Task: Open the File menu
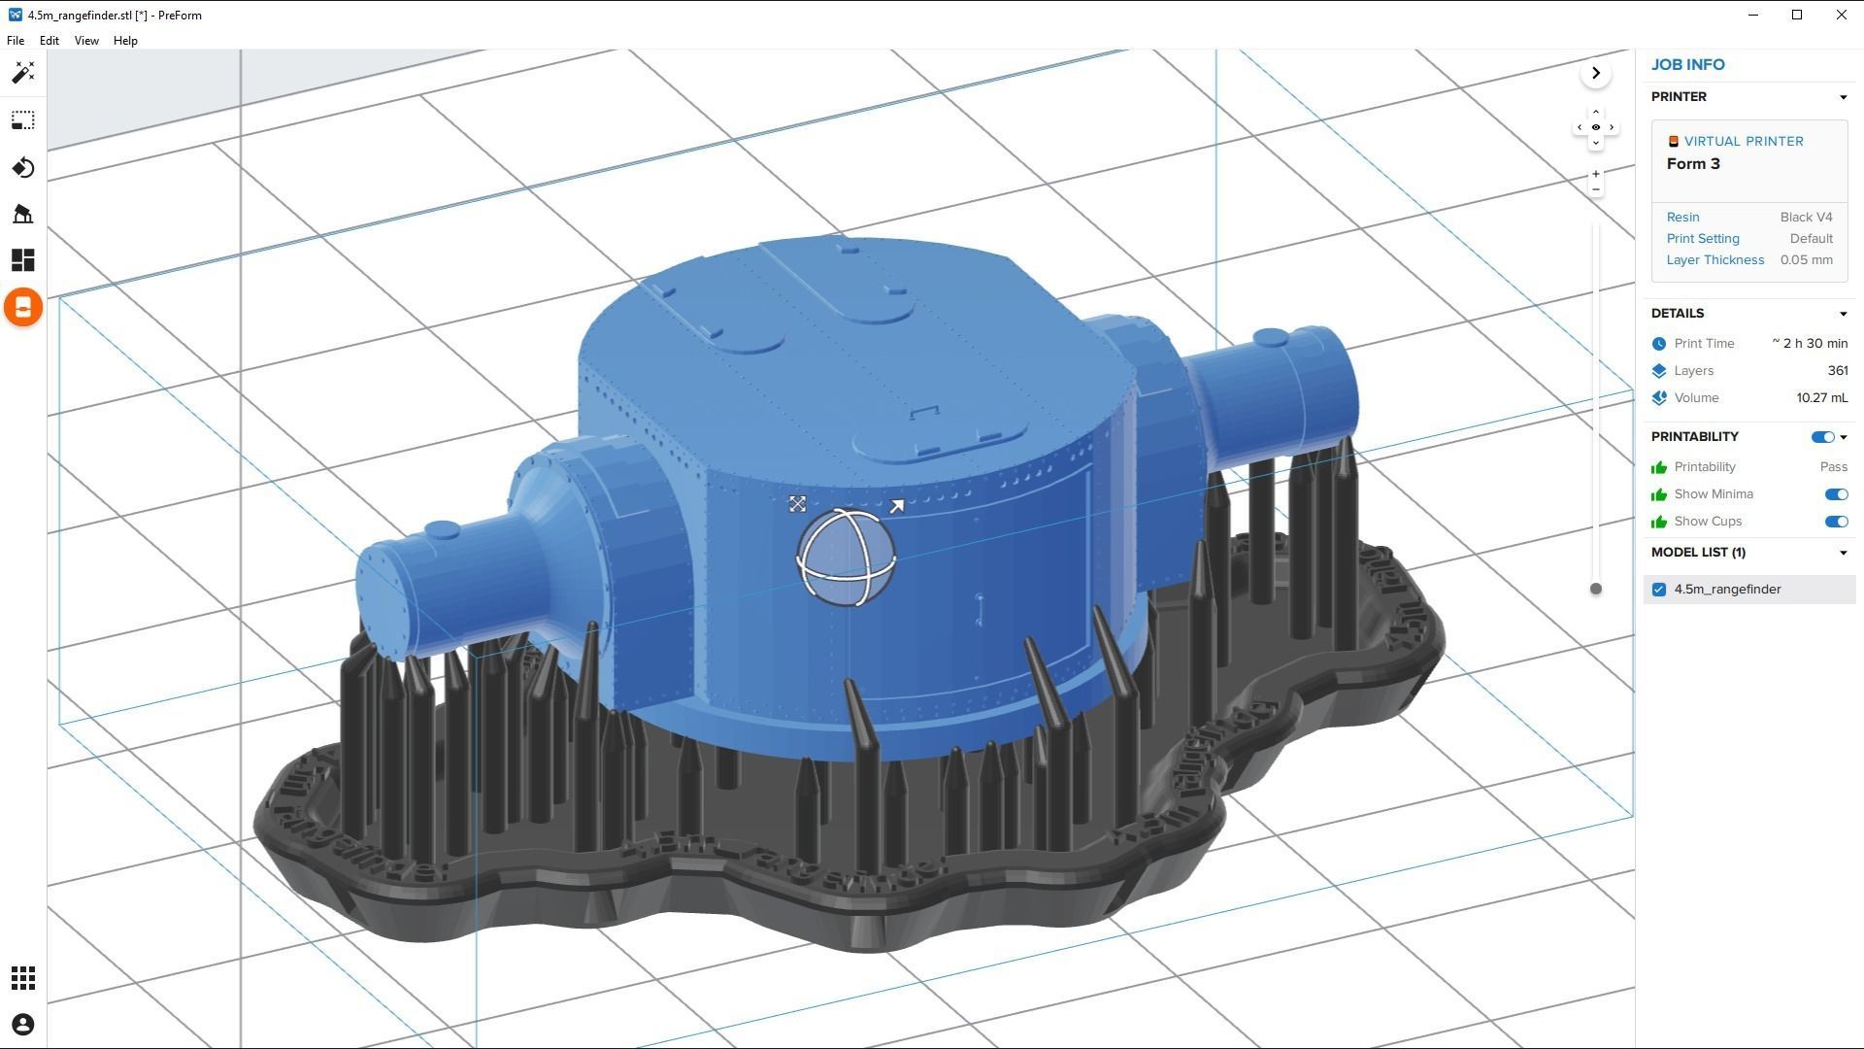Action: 16,41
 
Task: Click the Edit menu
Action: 49,41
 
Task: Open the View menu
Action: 86,41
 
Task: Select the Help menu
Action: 125,41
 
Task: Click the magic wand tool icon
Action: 23,73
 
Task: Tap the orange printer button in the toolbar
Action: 23,308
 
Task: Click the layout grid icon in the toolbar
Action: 23,260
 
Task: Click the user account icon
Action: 23,1025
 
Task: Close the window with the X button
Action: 1841,15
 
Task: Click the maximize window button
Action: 1797,15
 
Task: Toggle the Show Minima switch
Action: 1835,494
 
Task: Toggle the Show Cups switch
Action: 1835,522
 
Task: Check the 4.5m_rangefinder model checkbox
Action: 1659,590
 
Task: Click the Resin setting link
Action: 1682,218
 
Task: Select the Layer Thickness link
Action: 1714,260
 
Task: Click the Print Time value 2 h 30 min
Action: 1810,344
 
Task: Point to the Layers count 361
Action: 1837,371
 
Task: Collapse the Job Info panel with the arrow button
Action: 1595,74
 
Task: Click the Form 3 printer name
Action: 1693,164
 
